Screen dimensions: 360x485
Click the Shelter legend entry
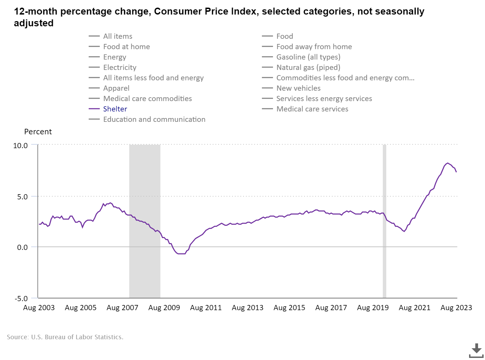click(x=115, y=109)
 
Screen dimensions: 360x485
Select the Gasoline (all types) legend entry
click(x=308, y=57)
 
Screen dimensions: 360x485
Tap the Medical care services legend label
click(x=312, y=109)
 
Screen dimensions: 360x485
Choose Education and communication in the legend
click(x=154, y=119)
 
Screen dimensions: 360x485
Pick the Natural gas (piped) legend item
click(x=308, y=67)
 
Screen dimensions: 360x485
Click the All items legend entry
click(x=117, y=36)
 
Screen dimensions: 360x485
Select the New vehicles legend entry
click(x=298, y=88)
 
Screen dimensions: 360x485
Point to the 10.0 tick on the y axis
click(x=20, y=146)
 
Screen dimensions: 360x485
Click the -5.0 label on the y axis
click(x=21, y=298)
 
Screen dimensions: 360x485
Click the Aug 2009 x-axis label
click(x=164, y=308)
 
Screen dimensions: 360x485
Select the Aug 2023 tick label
click(x=456, y=308)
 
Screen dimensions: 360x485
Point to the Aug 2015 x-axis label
click(x=289, y=308)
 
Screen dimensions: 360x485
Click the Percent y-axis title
click(x=38, y=132)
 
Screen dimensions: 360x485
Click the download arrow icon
click(x=476, y=350)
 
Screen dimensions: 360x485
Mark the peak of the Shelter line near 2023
click(x=448, y=163)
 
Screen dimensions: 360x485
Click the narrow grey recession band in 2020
click(x=385, y=222)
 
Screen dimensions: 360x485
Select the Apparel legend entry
click(x=116, y=88)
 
